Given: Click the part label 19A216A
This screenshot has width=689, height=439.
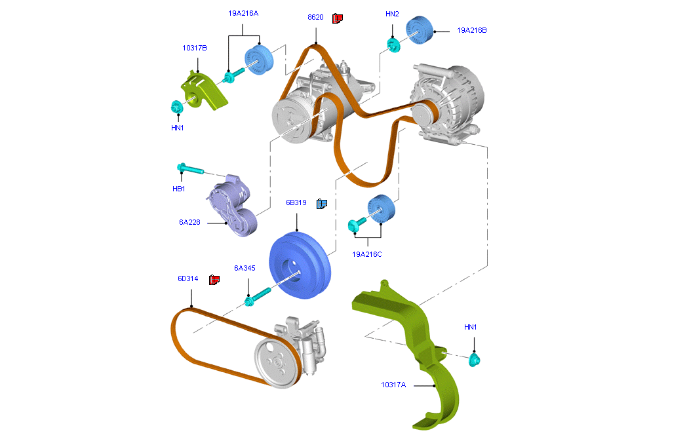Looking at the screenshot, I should (x=243, y=13).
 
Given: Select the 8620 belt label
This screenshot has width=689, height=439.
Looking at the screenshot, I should (x=315, y=18).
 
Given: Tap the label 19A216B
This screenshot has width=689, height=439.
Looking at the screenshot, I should (x=471, y=30).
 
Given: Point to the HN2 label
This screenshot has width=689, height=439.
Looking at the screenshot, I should (x=392, y=14).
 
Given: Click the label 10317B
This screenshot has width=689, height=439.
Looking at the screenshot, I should (x=195, y=48).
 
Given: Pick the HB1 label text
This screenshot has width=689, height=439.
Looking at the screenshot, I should (x=179, y=189).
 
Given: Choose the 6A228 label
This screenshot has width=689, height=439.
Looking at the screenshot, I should (x=189, y=222).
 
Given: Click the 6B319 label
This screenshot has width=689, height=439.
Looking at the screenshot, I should (x=296, y=203).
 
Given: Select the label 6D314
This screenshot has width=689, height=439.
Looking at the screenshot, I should (x=187, y=278).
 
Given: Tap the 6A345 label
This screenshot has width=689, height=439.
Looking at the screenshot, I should (x=245, y=268).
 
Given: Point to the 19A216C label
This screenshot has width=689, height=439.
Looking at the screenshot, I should (x=366, y=254).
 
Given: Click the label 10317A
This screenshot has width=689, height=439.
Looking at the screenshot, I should (x=393, y=385).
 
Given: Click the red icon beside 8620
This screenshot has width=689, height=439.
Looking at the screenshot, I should (x=338, y=18).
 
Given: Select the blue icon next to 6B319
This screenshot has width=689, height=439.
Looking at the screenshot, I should (x=321, y=204).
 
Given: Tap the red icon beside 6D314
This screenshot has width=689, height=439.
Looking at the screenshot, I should (x=214, y=280).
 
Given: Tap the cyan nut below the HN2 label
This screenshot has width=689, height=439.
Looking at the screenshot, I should (x=393, y=46).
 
